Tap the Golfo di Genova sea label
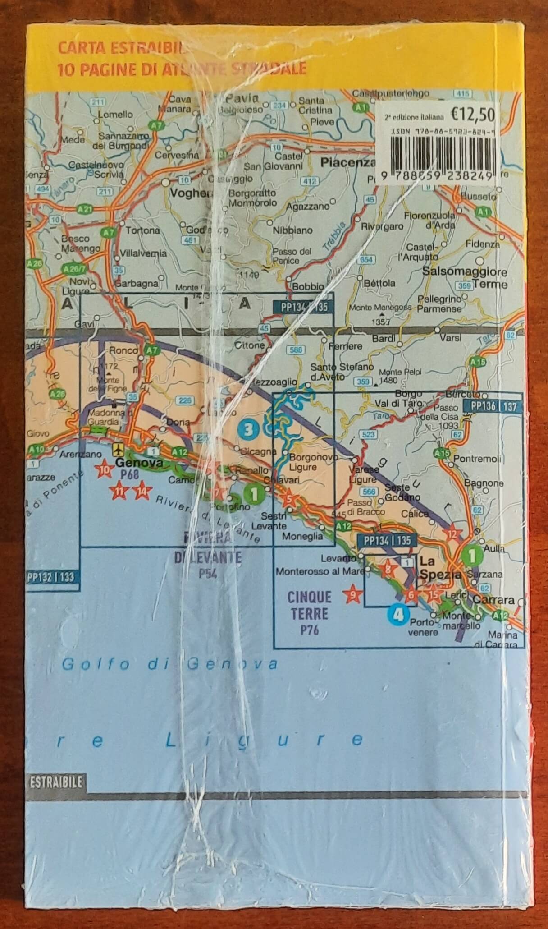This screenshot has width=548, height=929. click(x=169, y=664)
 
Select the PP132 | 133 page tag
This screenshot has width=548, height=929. click(x=50, y=577)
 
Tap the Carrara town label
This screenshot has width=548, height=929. click(x=493, y=601)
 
